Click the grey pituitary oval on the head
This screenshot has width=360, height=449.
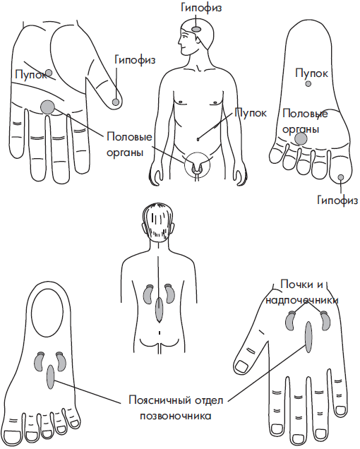tap(196, 29)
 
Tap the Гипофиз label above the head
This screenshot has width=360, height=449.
tap(201, 8)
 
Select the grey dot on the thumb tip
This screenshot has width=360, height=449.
tap(116, 102)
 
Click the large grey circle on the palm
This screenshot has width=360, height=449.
tap(47, 107)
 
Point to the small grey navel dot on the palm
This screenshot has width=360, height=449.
tap(49, 73)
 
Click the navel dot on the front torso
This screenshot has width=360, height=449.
tap(198, 139)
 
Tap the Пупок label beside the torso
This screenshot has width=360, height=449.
tap(251, 112)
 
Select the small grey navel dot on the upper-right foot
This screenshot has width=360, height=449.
tap(308, 83)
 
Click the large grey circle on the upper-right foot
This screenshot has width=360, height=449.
tap(301, 138)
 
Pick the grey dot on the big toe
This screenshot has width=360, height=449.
tap(340, 177)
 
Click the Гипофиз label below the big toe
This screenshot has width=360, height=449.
tap(337, 200)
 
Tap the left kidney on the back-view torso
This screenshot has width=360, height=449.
tap(148, 294)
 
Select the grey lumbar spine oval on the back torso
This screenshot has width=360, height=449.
tap(159, 309)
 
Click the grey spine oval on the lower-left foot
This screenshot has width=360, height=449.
tap(50, 377)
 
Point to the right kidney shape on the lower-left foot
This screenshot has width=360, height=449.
tap(61, 361)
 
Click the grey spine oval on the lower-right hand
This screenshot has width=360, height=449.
tap(308, 337)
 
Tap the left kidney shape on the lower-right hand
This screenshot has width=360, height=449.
tap(291, 320)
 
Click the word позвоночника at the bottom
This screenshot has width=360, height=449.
tap(176, 416)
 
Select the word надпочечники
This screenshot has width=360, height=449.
tap(302, 300)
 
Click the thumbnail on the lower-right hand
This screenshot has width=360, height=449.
tap(241, 367)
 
